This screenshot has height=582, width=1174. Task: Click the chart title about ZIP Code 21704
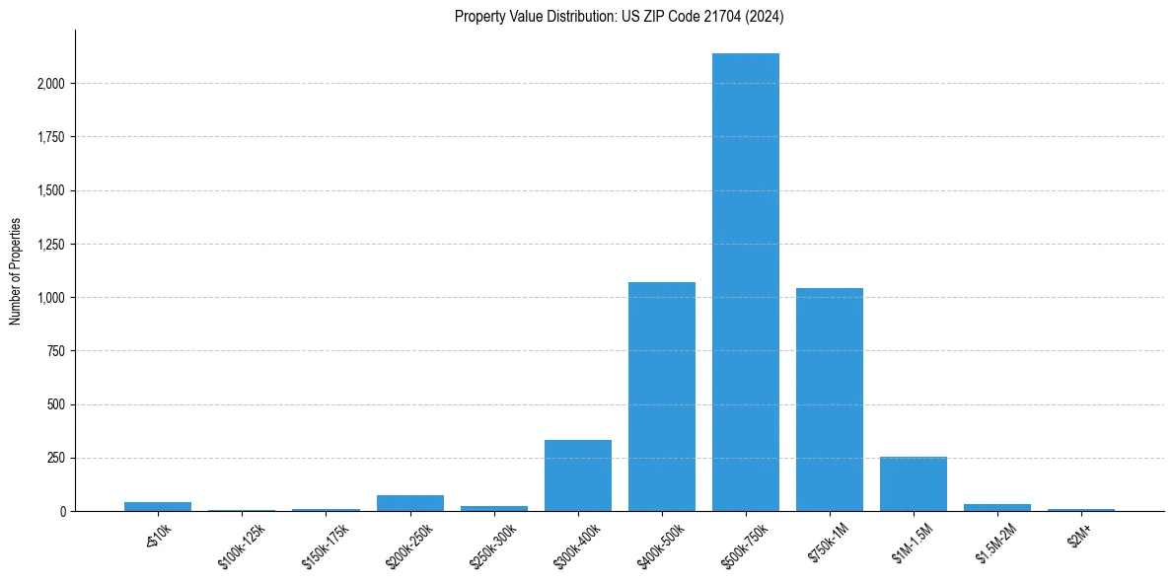tap(619, 16)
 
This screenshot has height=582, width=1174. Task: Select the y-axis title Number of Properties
tap(16, 270)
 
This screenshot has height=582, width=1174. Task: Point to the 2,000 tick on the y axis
tap(49, 84)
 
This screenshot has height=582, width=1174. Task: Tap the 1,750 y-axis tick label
tap(49, 137)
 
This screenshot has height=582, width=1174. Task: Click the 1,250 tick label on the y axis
tap(49, 245)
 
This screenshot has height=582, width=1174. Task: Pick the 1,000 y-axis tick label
tap(49, 298)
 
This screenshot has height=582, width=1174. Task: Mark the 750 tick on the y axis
tap(56, 351)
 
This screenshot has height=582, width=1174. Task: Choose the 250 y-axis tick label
tap(56, 459)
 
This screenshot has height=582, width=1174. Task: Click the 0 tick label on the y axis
tap(63, 512)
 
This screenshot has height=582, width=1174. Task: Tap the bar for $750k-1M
tap(830, 400)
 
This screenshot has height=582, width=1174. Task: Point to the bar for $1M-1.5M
tap(914, 484)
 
